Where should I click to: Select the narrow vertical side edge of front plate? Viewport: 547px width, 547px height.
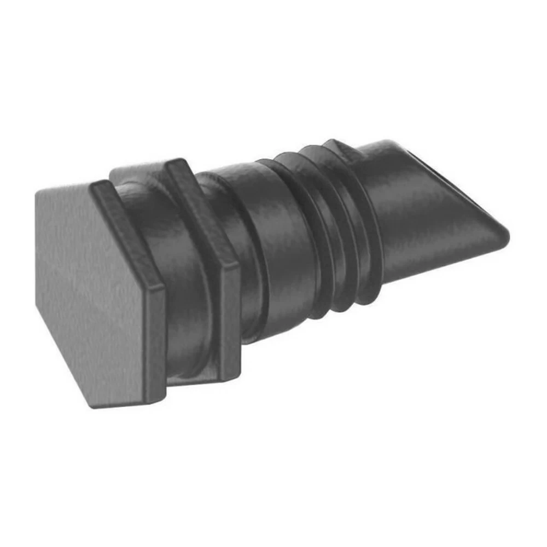pos(157,339)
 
